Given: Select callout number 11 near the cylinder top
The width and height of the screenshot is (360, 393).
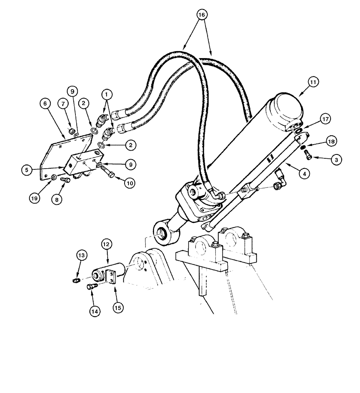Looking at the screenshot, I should (313, 82).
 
